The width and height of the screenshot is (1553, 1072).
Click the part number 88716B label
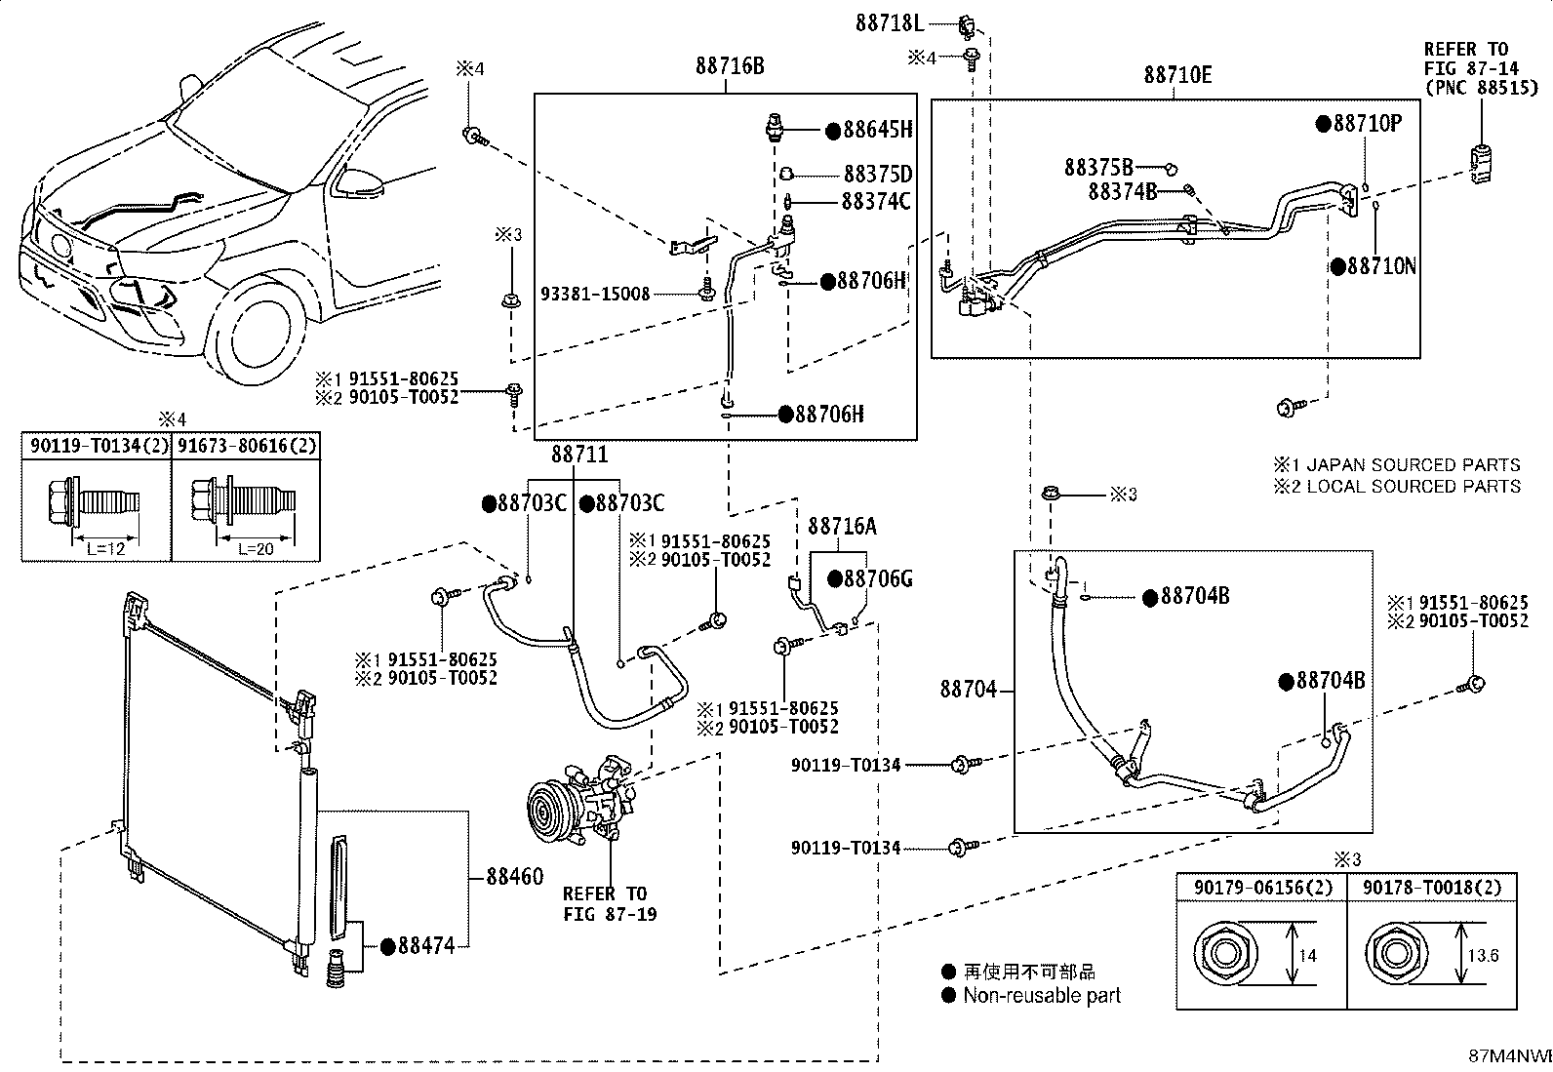[730, 66]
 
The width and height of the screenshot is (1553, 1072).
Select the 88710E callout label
[1177, 75]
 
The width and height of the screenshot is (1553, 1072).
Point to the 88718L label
[890, 23]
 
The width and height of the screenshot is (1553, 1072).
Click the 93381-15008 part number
[595, 294]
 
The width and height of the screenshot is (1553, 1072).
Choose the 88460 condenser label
[514, 877]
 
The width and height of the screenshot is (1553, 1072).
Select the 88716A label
[842, 527]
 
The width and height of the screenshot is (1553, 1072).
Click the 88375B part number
[1098, 168]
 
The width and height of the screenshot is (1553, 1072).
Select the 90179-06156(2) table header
[1262, 888]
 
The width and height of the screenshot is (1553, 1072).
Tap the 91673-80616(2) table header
[247, 445]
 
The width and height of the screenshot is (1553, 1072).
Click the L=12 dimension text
[105, 549]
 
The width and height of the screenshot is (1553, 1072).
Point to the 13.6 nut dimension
[1483, 956]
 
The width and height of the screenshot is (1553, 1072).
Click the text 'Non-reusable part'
[1042, 996]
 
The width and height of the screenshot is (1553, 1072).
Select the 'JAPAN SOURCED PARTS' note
[1413, 464]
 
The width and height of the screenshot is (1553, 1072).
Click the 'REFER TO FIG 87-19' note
[610, 903]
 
